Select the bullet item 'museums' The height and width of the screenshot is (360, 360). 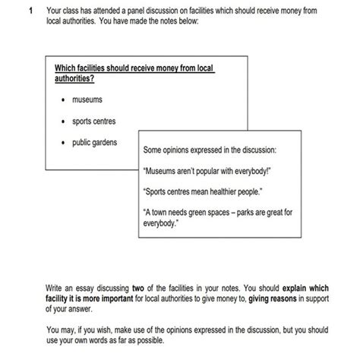pos(87,99)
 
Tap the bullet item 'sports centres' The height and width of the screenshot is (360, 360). pos(94,121)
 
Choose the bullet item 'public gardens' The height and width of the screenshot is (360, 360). pos(95,142)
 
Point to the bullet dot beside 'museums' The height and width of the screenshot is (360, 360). pos(63,100)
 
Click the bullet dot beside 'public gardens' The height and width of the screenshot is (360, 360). pos(63,143)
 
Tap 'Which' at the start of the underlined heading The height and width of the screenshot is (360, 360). pos(58,70)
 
